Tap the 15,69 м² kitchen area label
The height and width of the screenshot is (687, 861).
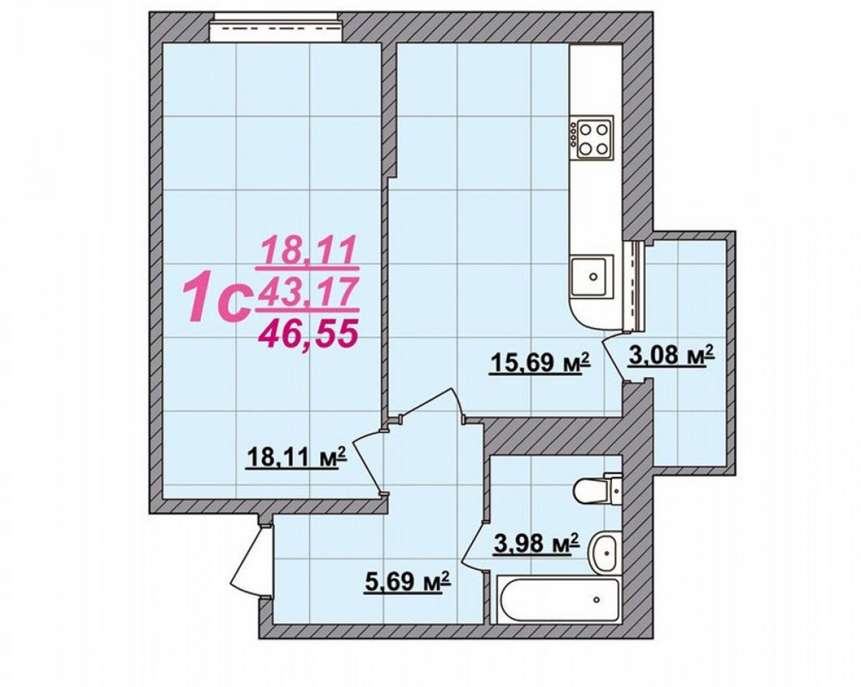point(540,363)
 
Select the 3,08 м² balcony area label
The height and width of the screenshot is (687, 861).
point(672,356)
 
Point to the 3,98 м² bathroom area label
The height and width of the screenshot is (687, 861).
point(536,544)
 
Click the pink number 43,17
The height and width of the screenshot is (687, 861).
point(307,292)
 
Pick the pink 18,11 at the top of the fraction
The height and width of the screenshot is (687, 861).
point(308,251)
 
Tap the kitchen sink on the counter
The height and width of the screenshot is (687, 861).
point(593,276)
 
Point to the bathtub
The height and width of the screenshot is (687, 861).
point(557,600)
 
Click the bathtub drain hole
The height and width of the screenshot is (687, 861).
point(597,599)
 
